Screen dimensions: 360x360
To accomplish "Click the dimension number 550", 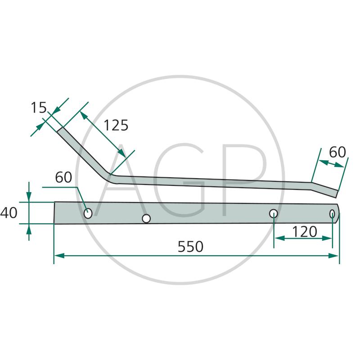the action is click(190, 247).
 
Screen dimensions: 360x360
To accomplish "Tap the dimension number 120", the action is click(305, 231).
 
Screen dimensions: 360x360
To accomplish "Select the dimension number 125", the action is click(116, 126).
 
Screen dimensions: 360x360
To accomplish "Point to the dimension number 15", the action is click(39, 108).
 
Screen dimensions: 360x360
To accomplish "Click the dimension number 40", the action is click(9, 212).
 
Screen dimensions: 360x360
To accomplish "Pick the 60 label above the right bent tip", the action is click(337, 152).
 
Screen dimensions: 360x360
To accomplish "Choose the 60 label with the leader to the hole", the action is click(63, 177).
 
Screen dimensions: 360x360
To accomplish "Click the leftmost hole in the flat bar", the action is click(88, 213).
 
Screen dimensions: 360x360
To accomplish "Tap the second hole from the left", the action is click(146, 219).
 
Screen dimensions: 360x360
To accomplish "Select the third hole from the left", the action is click(273, 213).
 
